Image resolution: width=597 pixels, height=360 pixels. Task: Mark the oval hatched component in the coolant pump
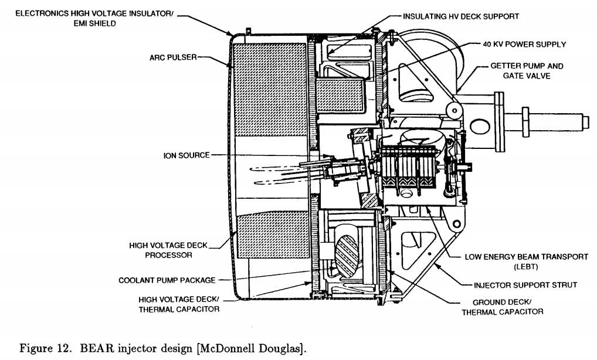tap(346, 254)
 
